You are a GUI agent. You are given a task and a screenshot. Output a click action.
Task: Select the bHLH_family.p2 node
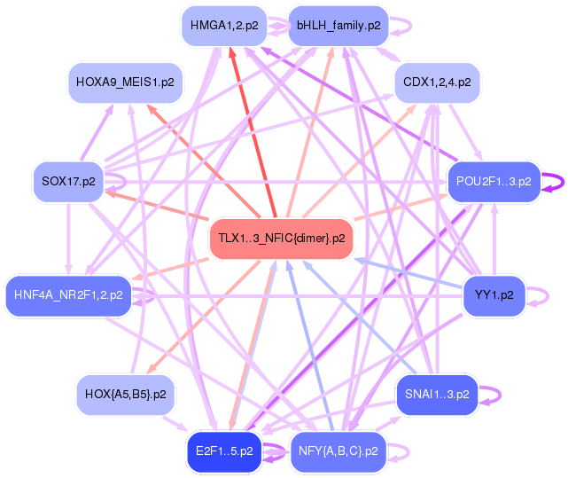(x=338, y=26)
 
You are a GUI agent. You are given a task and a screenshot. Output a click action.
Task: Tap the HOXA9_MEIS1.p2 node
(x=125, y=82)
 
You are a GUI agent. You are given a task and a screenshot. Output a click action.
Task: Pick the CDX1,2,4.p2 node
(x=437, y=82)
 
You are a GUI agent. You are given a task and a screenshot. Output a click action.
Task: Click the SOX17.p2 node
(x=68, y=181)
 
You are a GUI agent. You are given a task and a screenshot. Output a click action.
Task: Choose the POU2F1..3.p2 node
(x=494, y=181)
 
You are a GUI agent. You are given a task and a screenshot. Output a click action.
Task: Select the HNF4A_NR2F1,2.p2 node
(x=68, y=294)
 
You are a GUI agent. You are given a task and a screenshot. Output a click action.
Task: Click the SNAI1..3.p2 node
(x=437, y=393)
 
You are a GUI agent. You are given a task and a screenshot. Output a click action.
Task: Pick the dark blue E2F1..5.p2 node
(x=224, y=451)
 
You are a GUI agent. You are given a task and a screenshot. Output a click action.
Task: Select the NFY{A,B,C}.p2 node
(x=338, y=451)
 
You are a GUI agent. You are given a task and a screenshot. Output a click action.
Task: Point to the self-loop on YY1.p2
(x=543, y=294)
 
